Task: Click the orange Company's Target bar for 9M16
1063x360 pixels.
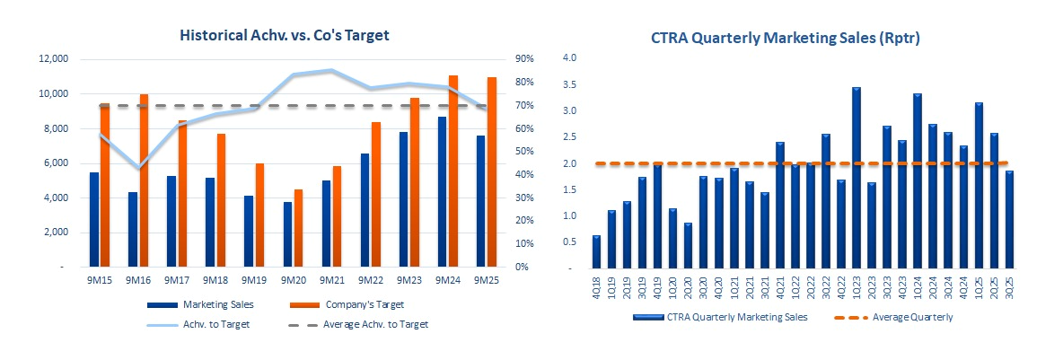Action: (144, 180)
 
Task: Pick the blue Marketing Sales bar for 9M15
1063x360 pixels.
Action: (94, 219)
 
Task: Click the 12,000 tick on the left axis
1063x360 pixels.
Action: (52, 59)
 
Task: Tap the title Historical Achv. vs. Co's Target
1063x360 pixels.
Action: (285, 35)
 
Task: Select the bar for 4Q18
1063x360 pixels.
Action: (597, 251)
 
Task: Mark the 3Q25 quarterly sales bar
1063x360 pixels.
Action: (1010, 219)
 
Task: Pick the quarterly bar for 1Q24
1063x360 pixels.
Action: (918, 180)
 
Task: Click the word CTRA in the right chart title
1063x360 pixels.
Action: (671, 39)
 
